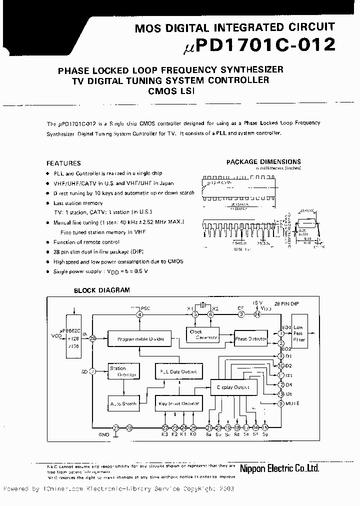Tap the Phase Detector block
(x=251, y=338)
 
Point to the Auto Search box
(x=122, y=403)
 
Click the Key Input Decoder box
(x=178, y=403)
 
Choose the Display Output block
(x=233, y=386)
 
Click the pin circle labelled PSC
(x=140, y=314)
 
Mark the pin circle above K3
(x=165, y=427)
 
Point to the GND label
(x=103, y=435)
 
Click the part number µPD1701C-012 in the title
(x=256, y=46)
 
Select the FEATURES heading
(x=63, y=163)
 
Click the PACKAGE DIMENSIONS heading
(x=263, y=161)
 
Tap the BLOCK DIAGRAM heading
(x=101, y=290)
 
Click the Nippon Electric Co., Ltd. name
(x=279, y=468)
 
